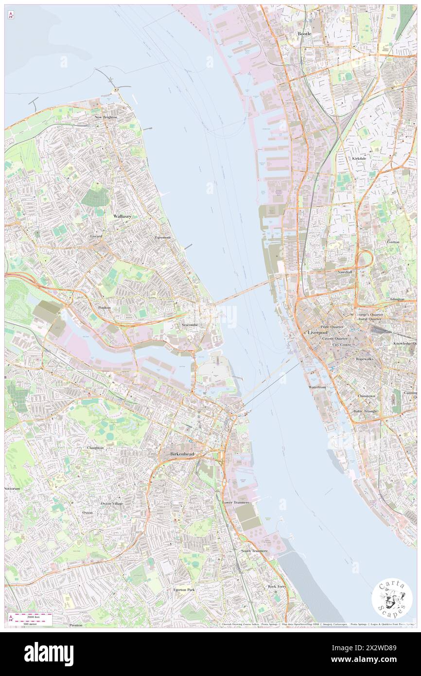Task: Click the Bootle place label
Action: [304, 34]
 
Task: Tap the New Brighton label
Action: [106, 118]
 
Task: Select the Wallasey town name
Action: [122, 215]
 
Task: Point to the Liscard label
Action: [96, 236]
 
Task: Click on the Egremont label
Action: [162, 237]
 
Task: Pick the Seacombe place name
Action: [189, 324]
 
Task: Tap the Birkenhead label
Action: [182, 454]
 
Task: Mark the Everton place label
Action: [393, 241]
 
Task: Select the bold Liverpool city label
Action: [318, 332]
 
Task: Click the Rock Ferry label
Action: [277, 587]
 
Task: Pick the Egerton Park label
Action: [184, 589]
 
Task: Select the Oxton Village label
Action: [112, 503]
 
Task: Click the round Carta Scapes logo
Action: [392, 599]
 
